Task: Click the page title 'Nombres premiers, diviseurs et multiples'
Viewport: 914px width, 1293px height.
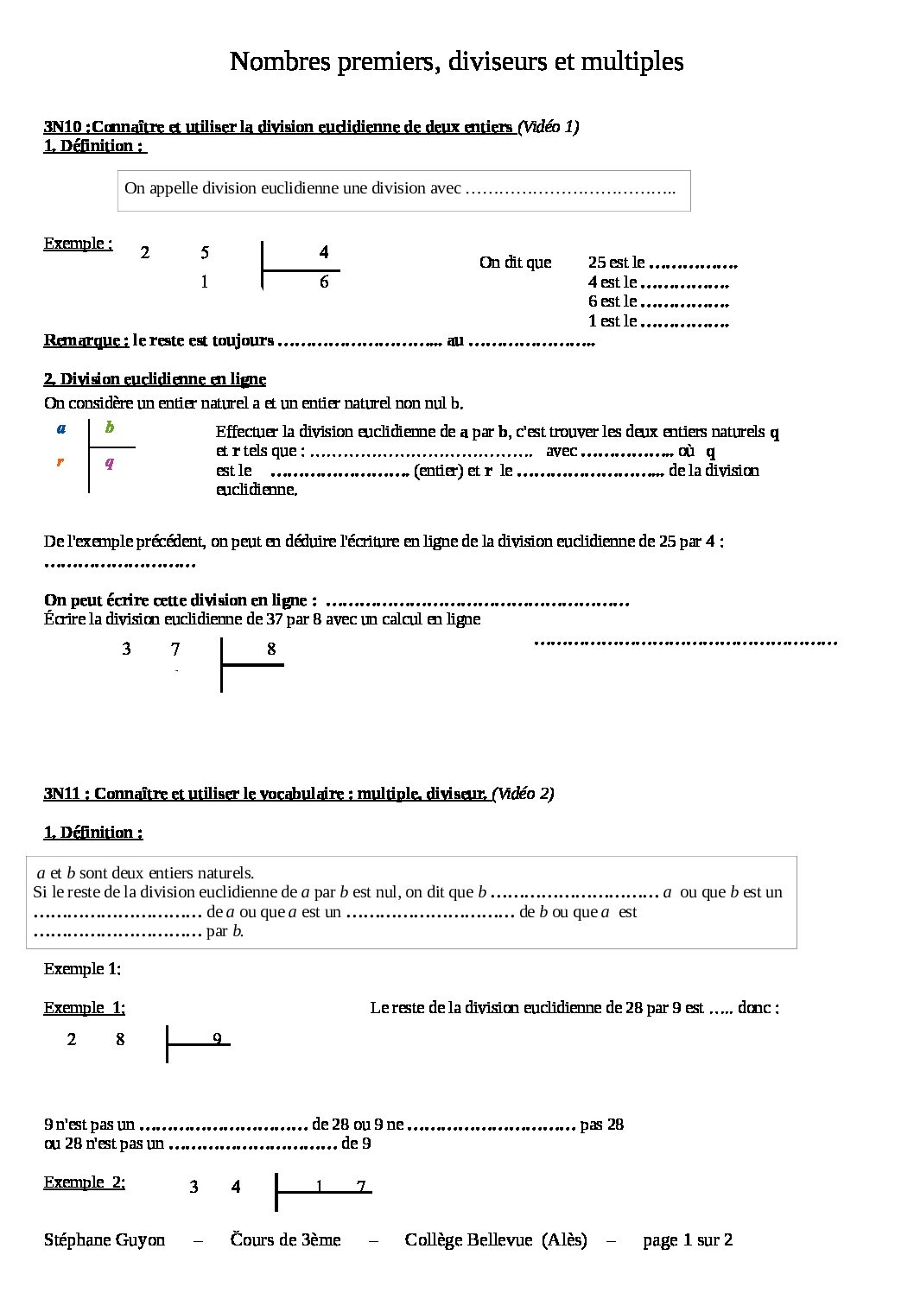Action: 456,61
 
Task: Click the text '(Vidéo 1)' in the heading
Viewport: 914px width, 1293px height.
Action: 549,127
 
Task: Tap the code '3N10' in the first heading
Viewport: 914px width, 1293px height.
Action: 62,127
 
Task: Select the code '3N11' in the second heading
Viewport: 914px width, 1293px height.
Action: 62,794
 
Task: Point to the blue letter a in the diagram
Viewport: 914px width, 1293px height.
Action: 61,428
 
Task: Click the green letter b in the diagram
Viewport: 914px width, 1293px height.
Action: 110,428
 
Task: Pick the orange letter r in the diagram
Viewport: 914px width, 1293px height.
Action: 60,462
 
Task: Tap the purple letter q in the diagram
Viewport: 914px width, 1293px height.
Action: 110,463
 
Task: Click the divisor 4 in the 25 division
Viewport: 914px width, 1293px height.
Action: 324,252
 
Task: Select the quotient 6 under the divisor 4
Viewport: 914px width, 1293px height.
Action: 324,282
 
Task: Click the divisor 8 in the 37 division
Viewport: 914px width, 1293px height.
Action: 271,649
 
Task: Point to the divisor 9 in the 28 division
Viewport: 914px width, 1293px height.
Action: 218,1039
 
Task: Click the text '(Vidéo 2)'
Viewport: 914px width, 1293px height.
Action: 524,794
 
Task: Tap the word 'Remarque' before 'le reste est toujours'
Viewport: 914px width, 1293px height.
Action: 86,340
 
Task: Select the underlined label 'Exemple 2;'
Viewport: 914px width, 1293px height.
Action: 85,1182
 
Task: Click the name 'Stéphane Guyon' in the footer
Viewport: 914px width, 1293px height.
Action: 105,1240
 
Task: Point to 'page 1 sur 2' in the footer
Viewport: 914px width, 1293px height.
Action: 688,1240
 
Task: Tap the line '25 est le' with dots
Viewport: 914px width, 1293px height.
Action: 662,263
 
